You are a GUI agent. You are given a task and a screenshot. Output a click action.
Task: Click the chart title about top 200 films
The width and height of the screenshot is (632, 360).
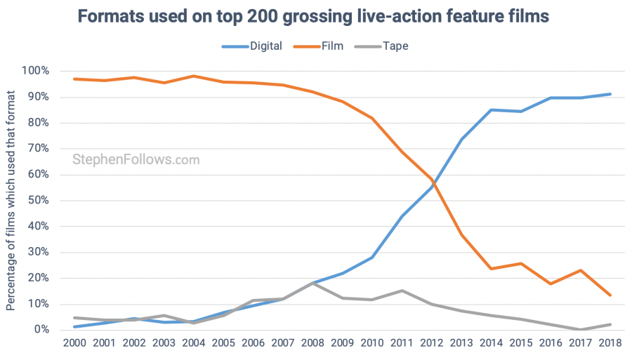pos(316,15)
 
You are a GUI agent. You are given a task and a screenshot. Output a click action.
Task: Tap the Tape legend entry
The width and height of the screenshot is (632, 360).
pos(395,46)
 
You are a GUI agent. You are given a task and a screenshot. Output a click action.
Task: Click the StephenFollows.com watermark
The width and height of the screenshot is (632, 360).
pos(136,160)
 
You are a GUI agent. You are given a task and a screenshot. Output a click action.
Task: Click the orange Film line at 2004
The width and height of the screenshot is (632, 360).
pos(193,76)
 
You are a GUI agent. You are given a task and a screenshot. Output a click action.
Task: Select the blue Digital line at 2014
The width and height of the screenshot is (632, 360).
pos(492,109)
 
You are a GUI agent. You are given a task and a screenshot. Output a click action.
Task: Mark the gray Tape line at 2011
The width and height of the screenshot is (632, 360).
pos(402,291)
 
